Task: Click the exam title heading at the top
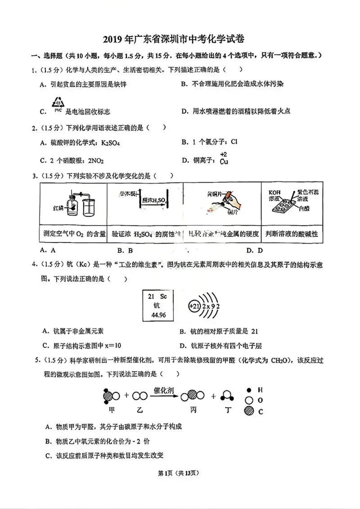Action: tap(180, 40)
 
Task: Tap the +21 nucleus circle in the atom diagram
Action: tap(194, 306)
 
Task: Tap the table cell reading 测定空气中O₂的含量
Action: tap(73, 234)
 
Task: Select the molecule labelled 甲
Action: tap(111, 396)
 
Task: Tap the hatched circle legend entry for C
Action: tap(248, 411)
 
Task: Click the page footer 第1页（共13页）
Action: tap(180, 473)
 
